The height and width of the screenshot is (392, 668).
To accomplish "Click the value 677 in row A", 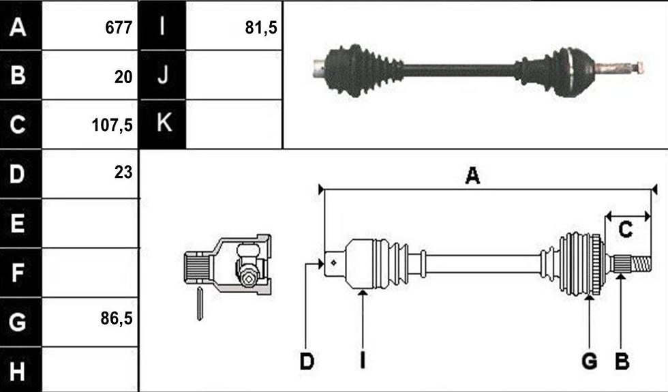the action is click(x=119, y=28).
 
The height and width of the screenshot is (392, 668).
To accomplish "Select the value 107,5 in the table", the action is click(x=112, y=125).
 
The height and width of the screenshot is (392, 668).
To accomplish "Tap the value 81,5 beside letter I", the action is click(x=261, y=28).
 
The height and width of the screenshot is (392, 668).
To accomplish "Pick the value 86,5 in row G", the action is click(x=117, y=318).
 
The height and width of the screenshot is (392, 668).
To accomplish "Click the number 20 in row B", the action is click(x=123, y=77).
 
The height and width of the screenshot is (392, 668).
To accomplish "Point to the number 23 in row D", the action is click(x=123, y=172).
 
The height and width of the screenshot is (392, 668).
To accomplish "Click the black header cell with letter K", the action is click(x=163, y=124).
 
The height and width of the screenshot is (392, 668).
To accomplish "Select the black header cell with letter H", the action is click(x=20, y=370).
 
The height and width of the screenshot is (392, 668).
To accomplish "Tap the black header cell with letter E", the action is click(x=20, y=223).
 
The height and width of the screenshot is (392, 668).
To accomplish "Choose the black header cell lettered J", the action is click(x=163, y=75).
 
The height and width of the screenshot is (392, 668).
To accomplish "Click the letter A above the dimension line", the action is click(x=472, y=176).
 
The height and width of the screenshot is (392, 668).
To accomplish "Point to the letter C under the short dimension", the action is click(x=625, y=230).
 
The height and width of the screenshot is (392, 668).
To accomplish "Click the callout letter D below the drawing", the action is click(x=307, y=361).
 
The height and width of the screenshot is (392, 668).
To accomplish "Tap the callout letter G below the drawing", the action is click(x=589, y=361).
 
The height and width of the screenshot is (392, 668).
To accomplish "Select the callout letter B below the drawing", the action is click(x=622, y=361).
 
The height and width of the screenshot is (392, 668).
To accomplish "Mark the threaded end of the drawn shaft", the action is click(x=641, y=265).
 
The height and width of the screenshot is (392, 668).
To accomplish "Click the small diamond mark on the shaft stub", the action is click(x=333, y=262).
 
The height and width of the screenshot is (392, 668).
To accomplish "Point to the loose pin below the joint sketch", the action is click(x=199, y=304).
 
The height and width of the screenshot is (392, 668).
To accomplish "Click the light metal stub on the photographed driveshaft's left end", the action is click(x=320, y=69).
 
